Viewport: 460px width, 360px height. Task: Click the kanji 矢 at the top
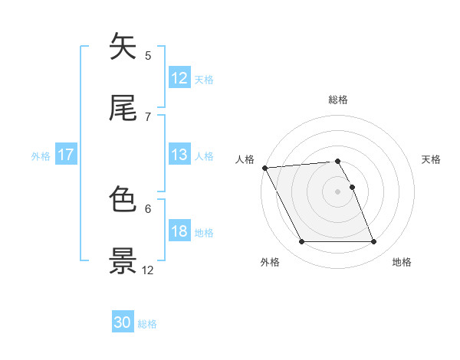[123, 47]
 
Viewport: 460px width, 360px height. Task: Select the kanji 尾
[123, 109]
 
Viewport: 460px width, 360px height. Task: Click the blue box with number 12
[179, 78]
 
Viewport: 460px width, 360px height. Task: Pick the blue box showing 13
[179, 155]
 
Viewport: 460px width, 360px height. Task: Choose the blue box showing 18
[179, 231]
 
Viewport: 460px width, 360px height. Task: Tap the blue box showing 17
[66, 155]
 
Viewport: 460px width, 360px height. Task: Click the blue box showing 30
[123, 323]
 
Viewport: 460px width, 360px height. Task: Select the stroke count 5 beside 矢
[148, 55]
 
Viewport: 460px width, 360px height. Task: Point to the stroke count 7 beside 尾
[148, 116]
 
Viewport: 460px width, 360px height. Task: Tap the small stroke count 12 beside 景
[148, 270]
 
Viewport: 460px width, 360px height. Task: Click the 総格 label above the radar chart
[338, 100]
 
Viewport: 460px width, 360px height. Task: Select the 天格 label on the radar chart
[432, 159]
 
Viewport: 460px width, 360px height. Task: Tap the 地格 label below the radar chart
[402, 262]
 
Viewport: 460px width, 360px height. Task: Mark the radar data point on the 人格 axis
[264, 168]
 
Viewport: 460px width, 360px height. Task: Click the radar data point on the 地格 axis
[373, 242]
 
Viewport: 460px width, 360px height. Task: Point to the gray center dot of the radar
[338, 191]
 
